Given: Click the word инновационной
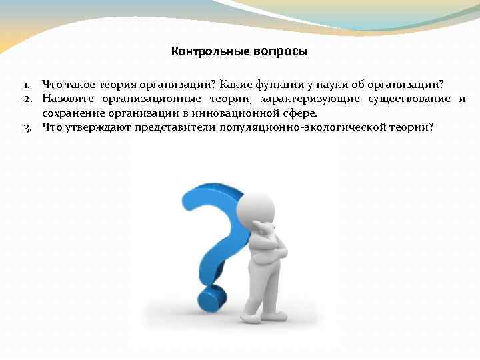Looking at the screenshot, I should coord(241,113).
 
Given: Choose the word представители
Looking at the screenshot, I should coord(175,126).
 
